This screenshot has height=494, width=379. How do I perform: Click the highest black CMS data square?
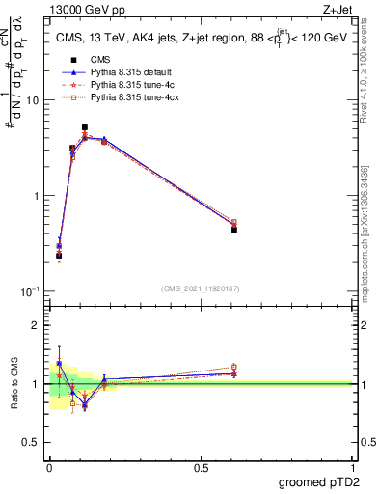(85, 127)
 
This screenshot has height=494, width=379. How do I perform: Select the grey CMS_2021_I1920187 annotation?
(201, 288)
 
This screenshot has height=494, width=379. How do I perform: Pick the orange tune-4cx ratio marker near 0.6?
(234, 367)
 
